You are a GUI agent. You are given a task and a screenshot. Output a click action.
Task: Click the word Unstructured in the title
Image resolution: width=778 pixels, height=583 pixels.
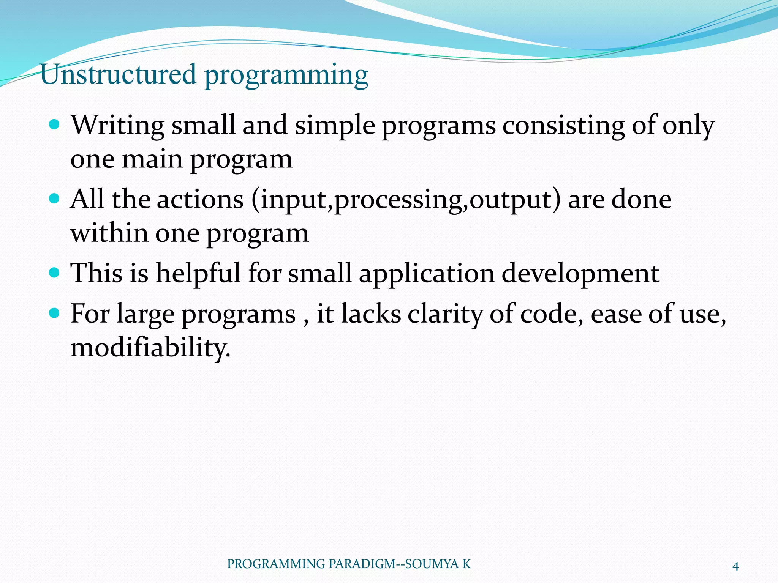coord(118,74)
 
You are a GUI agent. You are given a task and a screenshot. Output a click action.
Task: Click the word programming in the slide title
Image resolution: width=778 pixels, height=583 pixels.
coord(286,76)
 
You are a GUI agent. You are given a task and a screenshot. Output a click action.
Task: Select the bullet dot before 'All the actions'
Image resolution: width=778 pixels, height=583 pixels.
coord(55,198)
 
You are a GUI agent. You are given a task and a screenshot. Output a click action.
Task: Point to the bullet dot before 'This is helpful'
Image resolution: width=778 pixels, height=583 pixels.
coord(55,272)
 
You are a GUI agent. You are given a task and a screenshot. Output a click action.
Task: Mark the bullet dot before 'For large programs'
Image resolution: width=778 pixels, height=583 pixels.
coord(55,313)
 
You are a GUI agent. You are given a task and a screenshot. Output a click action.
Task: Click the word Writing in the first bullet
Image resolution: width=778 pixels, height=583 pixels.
coord(118,125)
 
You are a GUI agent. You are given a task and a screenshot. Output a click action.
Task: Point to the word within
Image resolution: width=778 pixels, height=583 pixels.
coord(109,233)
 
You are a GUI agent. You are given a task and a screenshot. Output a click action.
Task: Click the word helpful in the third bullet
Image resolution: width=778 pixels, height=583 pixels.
coord(198,273)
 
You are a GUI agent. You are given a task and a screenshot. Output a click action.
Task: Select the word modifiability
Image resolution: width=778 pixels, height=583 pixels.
coord(150,348)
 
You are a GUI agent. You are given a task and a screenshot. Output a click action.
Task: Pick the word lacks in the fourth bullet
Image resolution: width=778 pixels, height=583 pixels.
coord(371,314)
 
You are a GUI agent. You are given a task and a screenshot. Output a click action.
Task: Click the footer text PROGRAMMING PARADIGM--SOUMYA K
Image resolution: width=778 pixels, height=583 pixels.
coord(349,564)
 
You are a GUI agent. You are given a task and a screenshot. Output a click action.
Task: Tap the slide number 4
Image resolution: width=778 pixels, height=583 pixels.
coord(735,567)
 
